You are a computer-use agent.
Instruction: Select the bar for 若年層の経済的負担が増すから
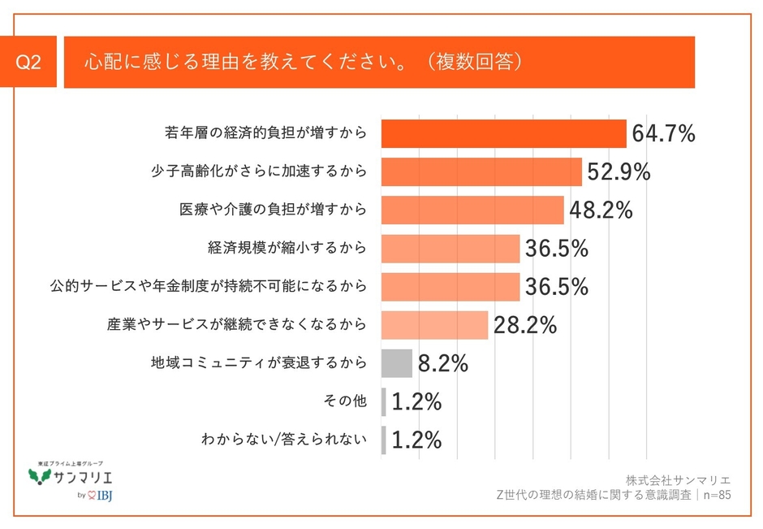coord(503,133)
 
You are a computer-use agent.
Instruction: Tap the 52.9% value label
coord(619,172)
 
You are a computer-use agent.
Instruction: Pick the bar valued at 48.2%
coord(472,210)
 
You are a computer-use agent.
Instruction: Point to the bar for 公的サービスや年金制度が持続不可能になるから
coord(450,287)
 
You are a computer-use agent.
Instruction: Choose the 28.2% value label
coord(524,325)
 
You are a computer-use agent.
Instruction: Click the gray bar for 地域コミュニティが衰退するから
coord(397,363)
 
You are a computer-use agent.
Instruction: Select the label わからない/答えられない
coord(284,440)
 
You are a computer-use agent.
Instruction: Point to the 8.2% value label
coord(443,363)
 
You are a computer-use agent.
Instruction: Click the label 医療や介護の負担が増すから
coord(273,210)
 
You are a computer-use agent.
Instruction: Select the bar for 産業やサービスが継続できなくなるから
coord(434,325)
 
